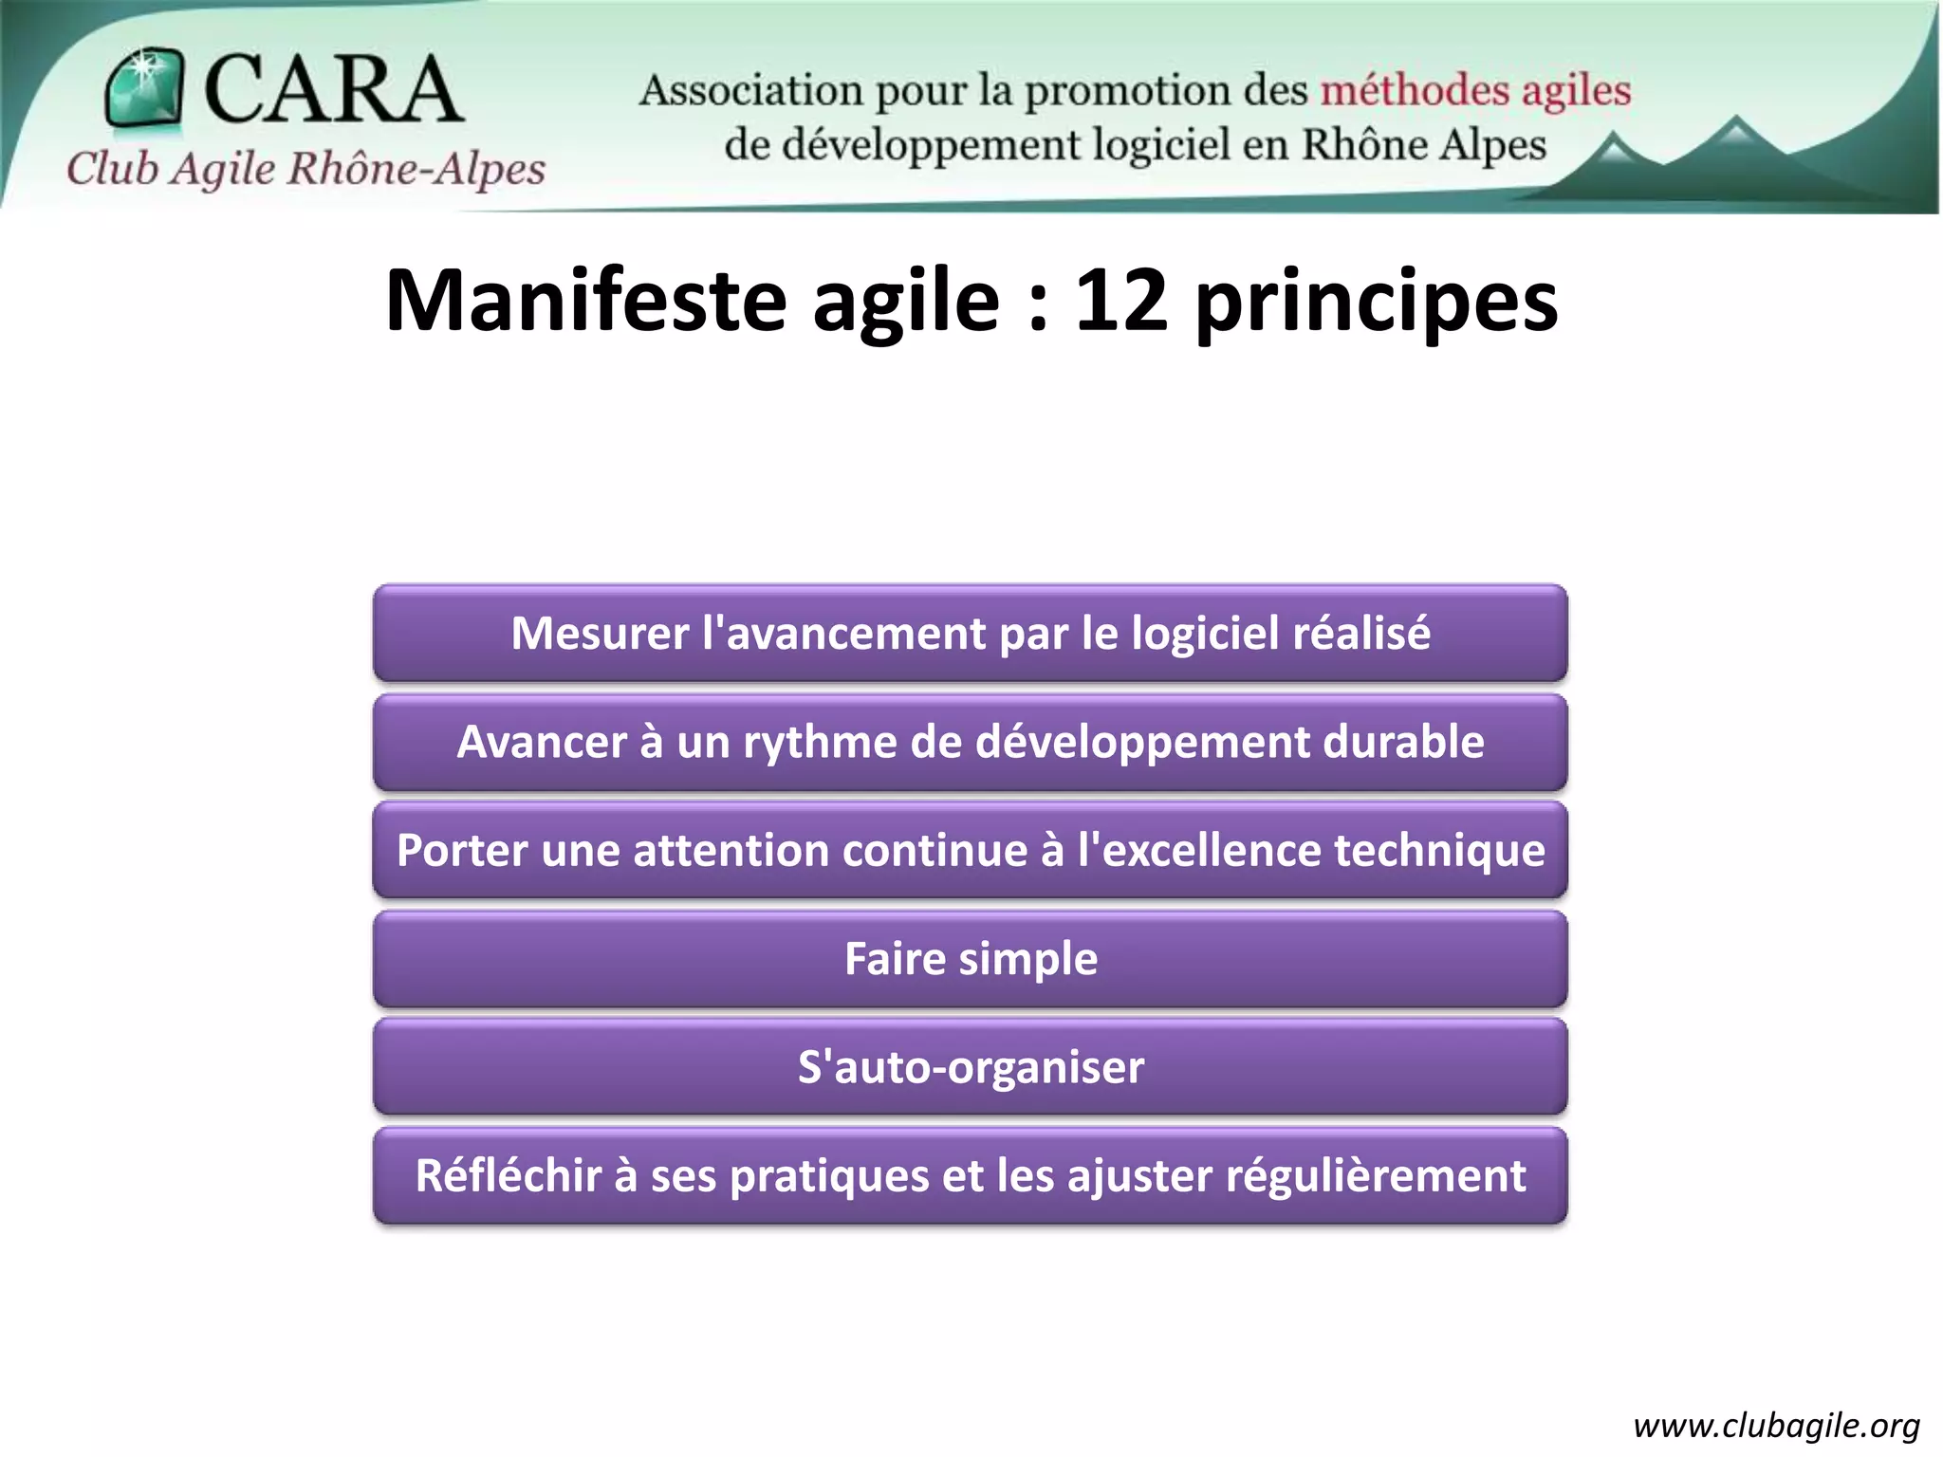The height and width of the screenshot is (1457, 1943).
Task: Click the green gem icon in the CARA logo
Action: coord(143,88)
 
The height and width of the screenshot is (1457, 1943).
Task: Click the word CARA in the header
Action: coord(332,89)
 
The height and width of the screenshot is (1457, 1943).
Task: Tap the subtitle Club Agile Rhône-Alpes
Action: coord(305,169)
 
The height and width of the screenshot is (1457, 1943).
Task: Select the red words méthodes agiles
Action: coord(1475,91)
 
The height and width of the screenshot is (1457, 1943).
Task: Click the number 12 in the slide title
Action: coord(1120,302)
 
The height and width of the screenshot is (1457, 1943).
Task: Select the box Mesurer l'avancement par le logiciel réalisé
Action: coord(970,634)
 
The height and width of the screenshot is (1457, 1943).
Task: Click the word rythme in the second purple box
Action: coord(820,743)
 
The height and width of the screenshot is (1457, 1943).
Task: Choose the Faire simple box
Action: coord(970,959)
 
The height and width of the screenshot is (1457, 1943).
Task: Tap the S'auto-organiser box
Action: coord(970,1067)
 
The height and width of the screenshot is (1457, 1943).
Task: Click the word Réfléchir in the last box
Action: coord(508,1176)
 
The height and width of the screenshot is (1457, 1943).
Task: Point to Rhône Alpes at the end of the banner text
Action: coord(1423,145)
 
